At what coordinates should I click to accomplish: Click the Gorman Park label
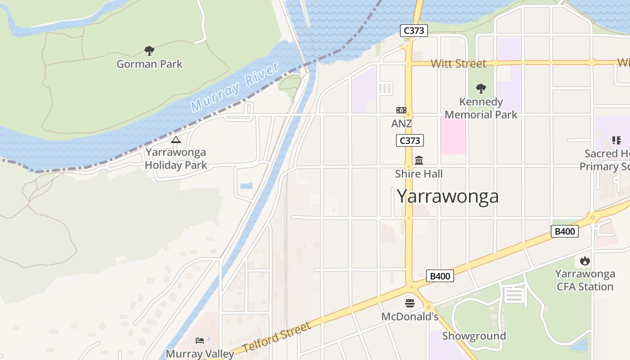(x=149, y=64)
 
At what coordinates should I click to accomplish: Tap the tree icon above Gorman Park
(x=149, y=50)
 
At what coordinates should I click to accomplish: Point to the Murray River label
(x=234, y=88)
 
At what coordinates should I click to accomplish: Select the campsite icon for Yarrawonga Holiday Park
(x=175, y=140)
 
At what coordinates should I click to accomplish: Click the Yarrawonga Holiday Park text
(x=175, y=159)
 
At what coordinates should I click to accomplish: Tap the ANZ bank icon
(x=401, y=110)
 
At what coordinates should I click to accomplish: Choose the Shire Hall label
(x=418, y=174)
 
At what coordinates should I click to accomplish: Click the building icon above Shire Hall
(x=419, y=160)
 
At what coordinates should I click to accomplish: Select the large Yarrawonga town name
(x=447, y=196)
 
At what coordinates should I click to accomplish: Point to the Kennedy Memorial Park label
(x=481, y=108)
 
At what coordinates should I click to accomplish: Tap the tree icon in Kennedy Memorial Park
(x=481, y=88)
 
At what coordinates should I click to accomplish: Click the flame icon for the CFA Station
(x=585, y=261)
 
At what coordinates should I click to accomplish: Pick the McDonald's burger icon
(x=409, y=303)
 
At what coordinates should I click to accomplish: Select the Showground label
(x=474, y=336)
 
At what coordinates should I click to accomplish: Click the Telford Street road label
(x=276, y=337)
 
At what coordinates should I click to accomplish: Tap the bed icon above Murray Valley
(x=200, y=341)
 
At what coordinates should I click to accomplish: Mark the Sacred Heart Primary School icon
(x=616, y=140)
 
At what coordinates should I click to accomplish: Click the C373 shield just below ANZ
(x=409, y=140)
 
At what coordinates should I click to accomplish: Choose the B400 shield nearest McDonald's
(x=440, y=276)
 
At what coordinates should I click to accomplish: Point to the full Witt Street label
(x=458, y=63)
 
